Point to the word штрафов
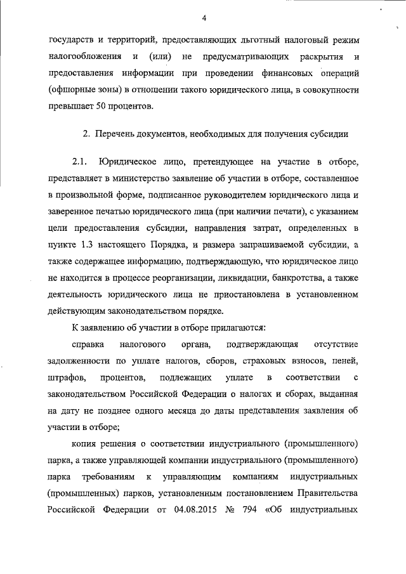click(65, 378)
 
